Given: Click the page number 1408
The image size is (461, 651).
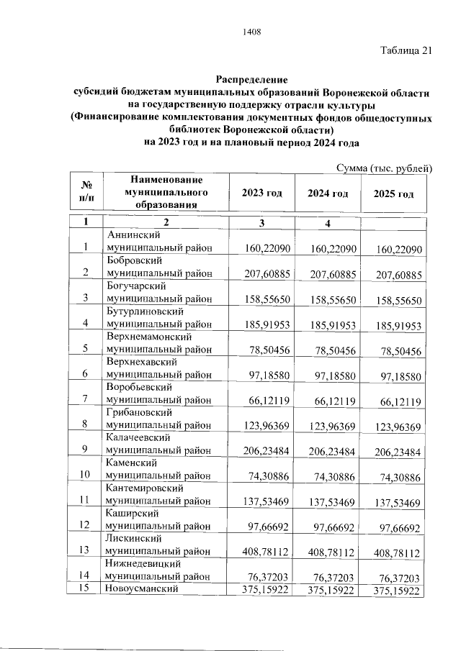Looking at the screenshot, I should [x=252, y=32].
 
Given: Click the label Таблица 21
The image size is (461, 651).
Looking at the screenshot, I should [x=406, y=50].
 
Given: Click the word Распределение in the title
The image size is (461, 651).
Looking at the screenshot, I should [x=252, y=79].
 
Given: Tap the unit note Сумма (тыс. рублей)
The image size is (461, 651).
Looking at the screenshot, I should [x=385, y=168].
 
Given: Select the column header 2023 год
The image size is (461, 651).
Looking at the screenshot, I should [x=261, y=194].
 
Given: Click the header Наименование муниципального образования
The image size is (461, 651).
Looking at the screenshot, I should [x=161, y=192].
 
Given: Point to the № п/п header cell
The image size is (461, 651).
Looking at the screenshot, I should [x=86, y=192].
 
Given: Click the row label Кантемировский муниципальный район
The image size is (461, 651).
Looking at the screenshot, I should [x=159, y=494].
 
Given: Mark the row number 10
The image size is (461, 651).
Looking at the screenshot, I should [x=85, y=475].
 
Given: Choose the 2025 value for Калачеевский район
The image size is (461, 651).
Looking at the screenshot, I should [x=398, y=451].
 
